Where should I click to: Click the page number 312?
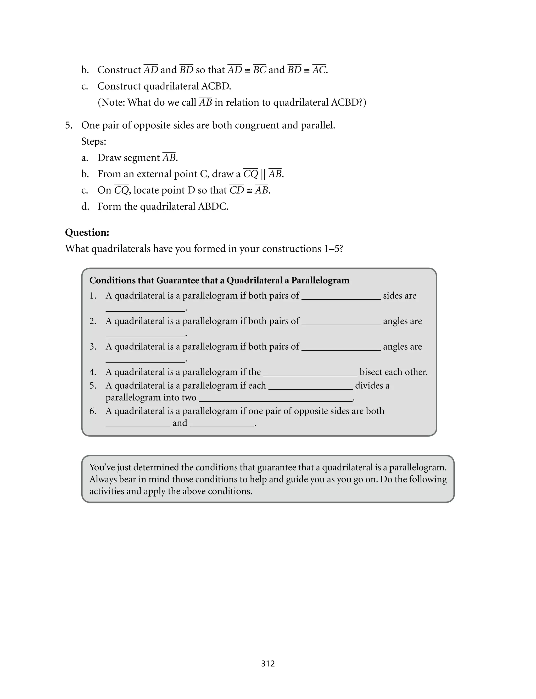[268, 663]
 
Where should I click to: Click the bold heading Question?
[87, 232]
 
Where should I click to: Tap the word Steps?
[93, 141]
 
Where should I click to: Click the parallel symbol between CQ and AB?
[263, 174]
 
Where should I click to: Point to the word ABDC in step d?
[213, 207]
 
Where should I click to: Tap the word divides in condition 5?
[368, 386]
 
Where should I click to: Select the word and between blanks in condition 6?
[180, 423]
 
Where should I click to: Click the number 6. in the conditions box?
[93, 411]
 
